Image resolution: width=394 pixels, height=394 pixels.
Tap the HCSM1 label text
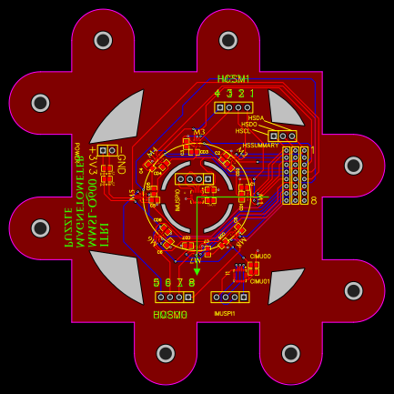(x=234, y=79)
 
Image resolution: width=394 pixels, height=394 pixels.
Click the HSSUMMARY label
(x=261, y=146)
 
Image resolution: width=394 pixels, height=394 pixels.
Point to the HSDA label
(x=256, y=117)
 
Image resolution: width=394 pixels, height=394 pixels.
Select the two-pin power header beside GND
(x=108, y=150)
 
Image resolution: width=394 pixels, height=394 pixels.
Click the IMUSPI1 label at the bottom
(x=225, y=313)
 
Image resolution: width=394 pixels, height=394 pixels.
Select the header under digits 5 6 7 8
(x=174, y=298)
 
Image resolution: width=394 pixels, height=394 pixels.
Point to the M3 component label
(x=198, y=132)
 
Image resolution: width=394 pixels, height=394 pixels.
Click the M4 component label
(x=151, y=151)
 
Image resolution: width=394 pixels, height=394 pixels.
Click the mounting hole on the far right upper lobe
(x=353, y=165)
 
